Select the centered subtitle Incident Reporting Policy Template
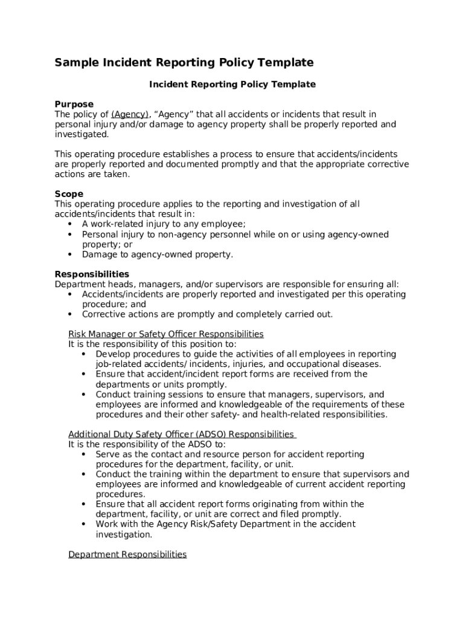232,84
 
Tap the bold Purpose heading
74,104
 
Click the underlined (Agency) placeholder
130,114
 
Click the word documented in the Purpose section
200,164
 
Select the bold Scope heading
69,194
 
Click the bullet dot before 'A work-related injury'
70,224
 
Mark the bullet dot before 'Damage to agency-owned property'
70,254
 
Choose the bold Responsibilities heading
92,274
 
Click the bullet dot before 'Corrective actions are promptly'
70,314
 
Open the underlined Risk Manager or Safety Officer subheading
165,334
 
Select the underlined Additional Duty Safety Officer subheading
181,434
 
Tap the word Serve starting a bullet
108,454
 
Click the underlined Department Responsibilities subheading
127,554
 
